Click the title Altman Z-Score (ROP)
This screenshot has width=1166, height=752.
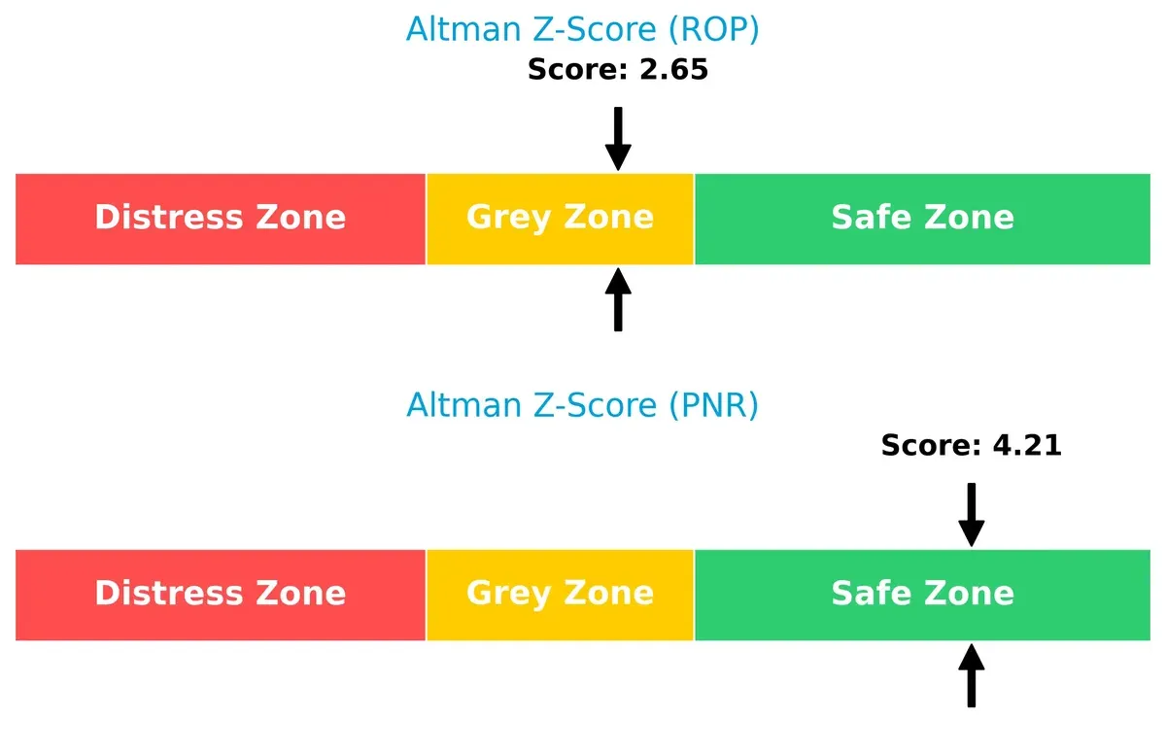tap(582, 30)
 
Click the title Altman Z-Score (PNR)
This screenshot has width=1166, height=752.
tap(582, 404)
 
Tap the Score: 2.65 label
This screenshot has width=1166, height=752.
tap(618, 70)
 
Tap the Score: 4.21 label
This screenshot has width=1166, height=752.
tap(971, 446)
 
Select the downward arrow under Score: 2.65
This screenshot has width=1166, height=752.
tap(618, 139)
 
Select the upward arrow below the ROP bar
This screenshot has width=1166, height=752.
tap(618, 300)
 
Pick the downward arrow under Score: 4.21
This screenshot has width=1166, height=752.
tap(971, 515)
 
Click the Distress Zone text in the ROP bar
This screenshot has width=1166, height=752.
tap(220, 218)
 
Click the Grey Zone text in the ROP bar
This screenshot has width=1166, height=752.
tap(560, 218)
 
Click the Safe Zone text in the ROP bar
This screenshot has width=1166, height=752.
tap(922, 218)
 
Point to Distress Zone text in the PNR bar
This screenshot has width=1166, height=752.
tap(220, 594)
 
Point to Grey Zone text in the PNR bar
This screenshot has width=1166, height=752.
tap(560, 594)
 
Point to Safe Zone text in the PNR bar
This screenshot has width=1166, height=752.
tap(922, 594)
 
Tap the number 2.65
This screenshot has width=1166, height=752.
tap(673, 70)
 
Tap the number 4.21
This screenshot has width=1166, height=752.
tap(1027, 446)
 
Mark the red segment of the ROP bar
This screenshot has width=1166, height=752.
tap(220, 247)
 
